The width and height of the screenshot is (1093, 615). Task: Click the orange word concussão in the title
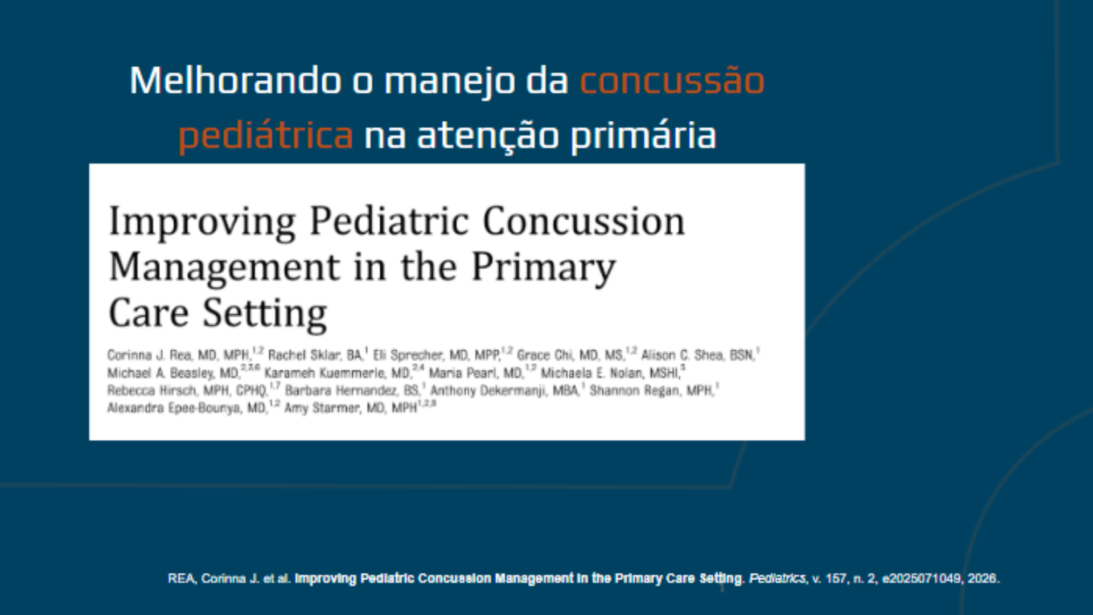click(x=672, y=81)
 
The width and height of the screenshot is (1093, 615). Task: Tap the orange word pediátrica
click(x=266, y=136)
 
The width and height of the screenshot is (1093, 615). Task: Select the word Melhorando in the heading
click(x=234, y=80)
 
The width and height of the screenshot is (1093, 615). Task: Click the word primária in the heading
click(x=643, y=136)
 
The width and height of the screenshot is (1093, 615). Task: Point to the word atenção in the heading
click(x=488, y=136)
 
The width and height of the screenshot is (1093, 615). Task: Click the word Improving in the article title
click(x=202, y=222)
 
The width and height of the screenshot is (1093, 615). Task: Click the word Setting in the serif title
click(x=265, y=314)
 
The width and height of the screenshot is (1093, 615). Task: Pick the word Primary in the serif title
click(x=544, y=268)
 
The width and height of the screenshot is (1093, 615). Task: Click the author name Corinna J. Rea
click(x=149, y=355)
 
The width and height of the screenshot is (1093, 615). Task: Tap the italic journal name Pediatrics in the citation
click(x=777, y=579)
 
